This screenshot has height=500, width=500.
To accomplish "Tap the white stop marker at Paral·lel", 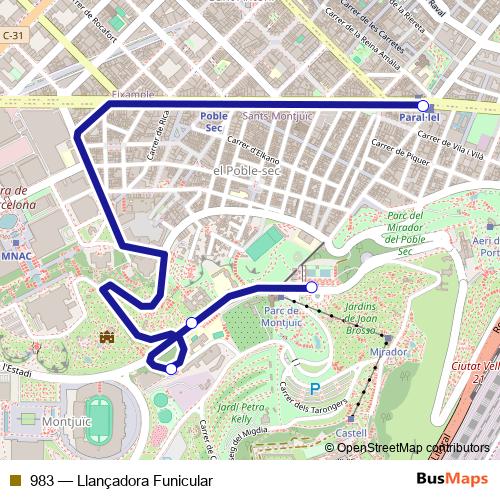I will (x=423, y=105).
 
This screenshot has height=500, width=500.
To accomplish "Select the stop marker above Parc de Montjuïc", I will (x=312, y=288).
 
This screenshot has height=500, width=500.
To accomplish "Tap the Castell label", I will (x=351, y=433).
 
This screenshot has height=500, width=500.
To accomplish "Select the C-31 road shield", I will (x=12, y=36).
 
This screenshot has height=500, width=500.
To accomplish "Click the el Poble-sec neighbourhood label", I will (x=247, y=171).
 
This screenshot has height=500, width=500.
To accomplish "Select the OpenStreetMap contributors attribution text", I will (x=413, y=447).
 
